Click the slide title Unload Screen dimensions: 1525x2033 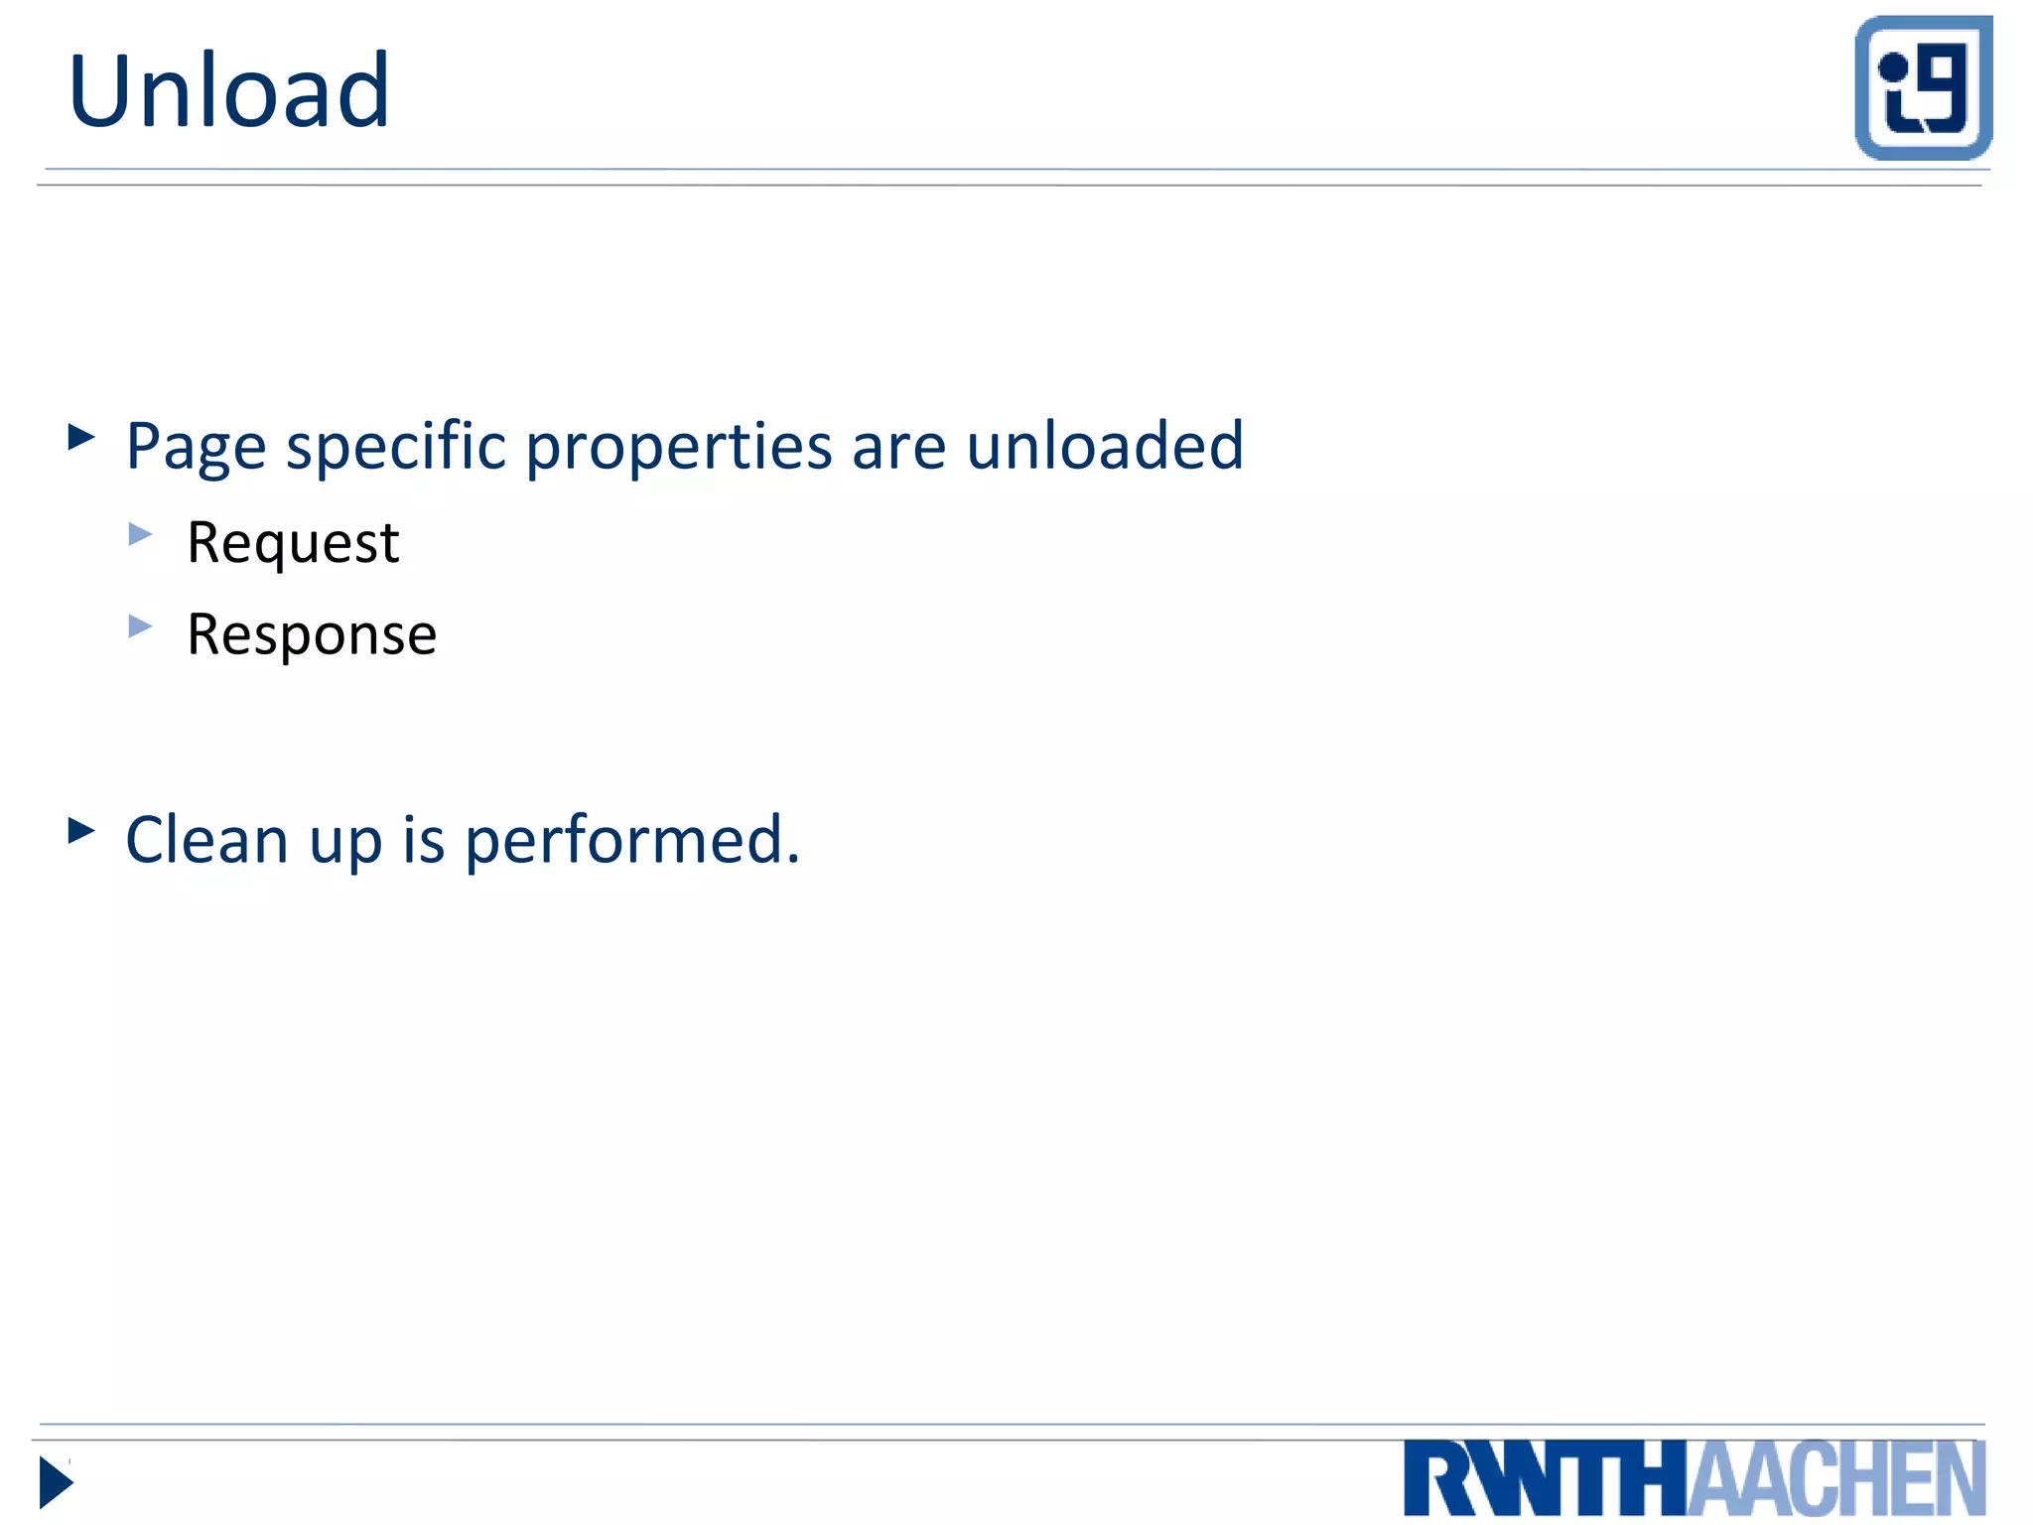(x=229, y=91)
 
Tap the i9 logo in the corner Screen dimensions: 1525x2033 (x=1923, y=87)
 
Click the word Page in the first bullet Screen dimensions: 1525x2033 (x=196, y=447)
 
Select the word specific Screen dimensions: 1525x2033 (x=396, y=447)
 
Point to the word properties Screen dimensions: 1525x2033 (x=678, y=447)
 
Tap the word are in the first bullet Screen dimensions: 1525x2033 (x=898, y=447)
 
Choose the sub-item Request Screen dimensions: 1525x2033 (x=293, y=543)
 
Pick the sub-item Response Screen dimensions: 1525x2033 (x=312, y=635)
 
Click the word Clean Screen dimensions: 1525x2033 (x=206, y=840)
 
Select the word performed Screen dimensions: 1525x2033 (x=631, y=842)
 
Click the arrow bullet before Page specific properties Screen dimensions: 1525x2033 (x=81, y=437)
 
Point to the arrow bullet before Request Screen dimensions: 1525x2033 (x=141, y=535)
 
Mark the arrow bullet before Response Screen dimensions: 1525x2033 (x=141, y=626)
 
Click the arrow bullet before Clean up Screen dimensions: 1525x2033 (x=81, y=830)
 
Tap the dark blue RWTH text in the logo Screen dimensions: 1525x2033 (x=1545, y=1479)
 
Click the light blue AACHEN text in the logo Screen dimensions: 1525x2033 (x=1836, y=1479)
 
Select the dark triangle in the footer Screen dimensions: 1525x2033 (x=56, y=1482)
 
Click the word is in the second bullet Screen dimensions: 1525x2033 (x=423, y=840)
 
